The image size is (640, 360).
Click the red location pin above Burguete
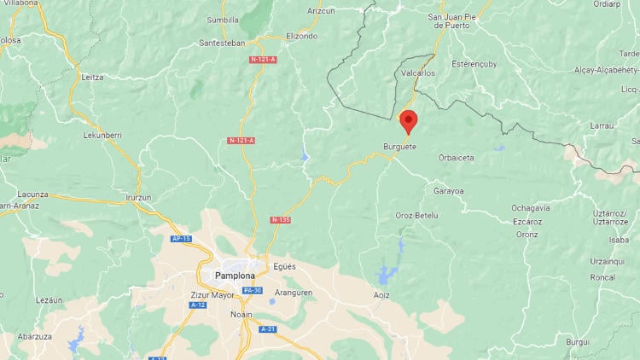(x=408, y=120)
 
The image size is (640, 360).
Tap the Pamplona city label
(x=230, y=276)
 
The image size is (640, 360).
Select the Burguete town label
(x=400, y=147)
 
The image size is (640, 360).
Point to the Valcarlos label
(x=417, y=73)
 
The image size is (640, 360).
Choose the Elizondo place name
(x=301, y=36)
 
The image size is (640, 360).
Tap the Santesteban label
(x=222, y=43)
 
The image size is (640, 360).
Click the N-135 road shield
(x=280, y=220)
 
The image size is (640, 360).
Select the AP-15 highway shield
(x=180, y=239)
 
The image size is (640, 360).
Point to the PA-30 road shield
(x=252, y=291)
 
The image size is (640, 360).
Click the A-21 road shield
(x=267, y=328)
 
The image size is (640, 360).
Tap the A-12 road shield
(x=198, y=305)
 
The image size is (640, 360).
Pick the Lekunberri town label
(x=102, y=135)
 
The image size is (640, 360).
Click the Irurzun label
(x=137, y=197)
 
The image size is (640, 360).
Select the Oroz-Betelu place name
(x=416, y=216)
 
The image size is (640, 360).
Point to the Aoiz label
(x=381, y=295)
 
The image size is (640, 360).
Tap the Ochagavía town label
(x=531, y=207)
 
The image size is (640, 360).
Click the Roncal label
(x=602, y=277)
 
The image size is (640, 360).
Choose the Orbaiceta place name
(x=457, y=158)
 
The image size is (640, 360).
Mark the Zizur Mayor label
(x=189, y=295)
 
